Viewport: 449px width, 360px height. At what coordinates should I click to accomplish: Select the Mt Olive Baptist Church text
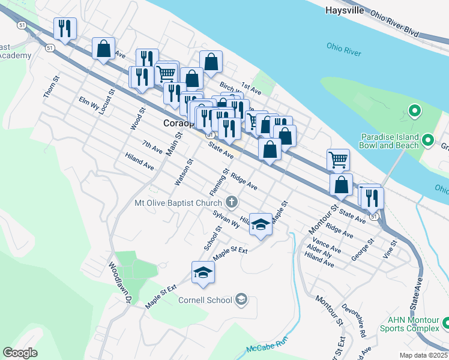point(178,203)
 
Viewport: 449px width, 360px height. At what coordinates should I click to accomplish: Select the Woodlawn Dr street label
point(119,281)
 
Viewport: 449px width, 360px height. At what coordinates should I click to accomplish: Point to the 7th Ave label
point(152,146)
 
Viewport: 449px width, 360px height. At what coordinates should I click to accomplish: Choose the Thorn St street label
point(51,87)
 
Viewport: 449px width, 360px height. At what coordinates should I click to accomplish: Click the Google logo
point(20,353)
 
